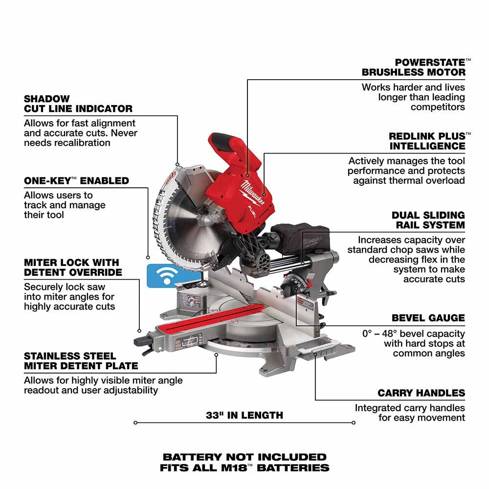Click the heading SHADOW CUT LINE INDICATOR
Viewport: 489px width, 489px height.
coord(78,104)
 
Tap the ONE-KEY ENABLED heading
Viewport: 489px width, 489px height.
coord(76,180)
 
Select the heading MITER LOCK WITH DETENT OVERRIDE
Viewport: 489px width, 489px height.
coord(73,267)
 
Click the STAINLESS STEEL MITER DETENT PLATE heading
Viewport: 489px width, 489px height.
coord(81,360)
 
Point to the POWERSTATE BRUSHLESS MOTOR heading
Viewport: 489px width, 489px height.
coord(414,67)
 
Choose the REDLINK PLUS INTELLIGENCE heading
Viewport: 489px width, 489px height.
coord(427,141)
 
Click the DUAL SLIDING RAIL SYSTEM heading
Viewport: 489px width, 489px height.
coord(428,220)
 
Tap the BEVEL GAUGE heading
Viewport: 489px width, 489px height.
coord(428,318)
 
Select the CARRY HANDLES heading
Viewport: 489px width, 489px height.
coord(421,393)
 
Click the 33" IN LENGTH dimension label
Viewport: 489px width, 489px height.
coord(244,415)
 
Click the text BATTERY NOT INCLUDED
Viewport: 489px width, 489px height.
coord(244,457)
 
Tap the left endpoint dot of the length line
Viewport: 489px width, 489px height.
coord(135,422)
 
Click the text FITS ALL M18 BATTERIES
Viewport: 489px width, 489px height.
coord(244,468)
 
